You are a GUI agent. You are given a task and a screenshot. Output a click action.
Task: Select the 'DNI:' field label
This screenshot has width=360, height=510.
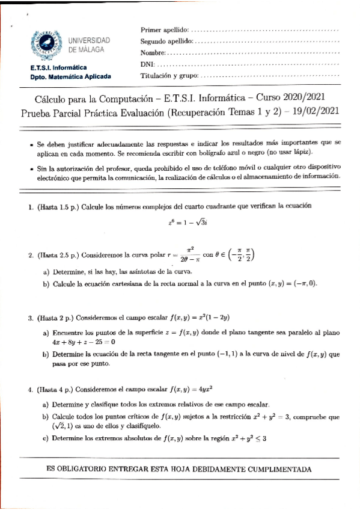[x=147, y=64]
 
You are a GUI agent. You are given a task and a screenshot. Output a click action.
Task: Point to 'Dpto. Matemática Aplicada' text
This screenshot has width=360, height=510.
[x=66, y=77]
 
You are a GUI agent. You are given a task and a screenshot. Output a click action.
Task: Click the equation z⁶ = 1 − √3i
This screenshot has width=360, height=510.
[x=192, y=222]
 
